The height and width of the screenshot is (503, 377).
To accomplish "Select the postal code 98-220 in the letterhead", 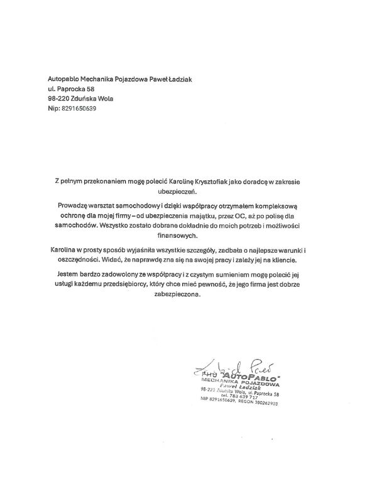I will pyautogui.click(x=59, y=98).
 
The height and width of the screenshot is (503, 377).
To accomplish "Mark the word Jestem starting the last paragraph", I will pyautogui.click(x=70, y=274).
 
